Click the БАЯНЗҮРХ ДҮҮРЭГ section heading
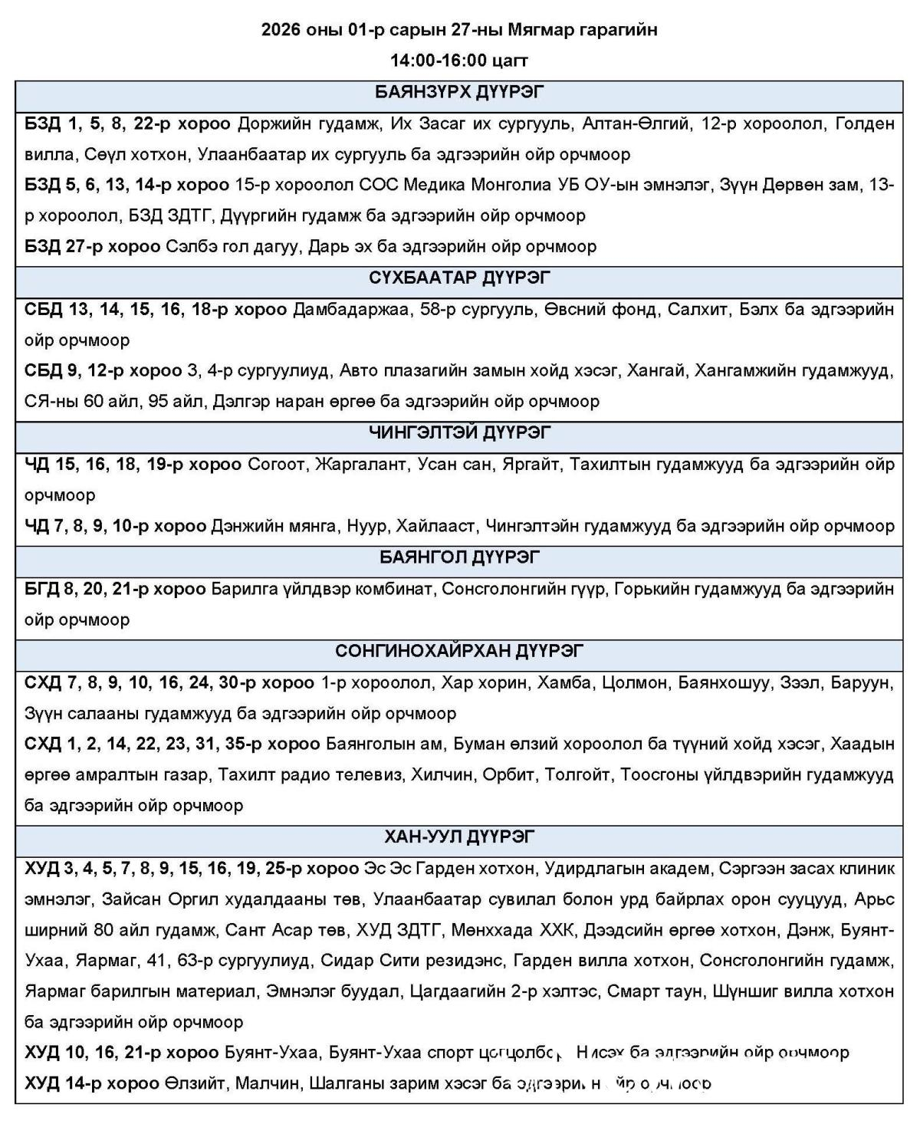pyautogui.click(x=459, y=93)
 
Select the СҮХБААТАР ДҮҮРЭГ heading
pyautogui.click(x=459, y=278)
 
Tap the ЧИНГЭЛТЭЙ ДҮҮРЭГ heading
pyautogui.click(x=459, y=432)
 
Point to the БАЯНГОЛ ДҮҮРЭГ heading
pyautogui.click(x=459, y=557)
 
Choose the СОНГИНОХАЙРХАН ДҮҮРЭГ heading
pyautogui.click(x=459, y=651)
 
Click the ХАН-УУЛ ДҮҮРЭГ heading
pyautogui.click(x=459, y=836)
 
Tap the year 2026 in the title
pyautogui.click(x=280, y=30)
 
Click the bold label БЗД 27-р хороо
pyautogui.click(x=92, y=247)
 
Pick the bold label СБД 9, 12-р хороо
pyautogui.click(x=103, y=371)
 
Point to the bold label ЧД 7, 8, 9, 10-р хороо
pyautogui.click(x=115, y=526)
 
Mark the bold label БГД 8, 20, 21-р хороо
pyautogui.click(x=115, y=589)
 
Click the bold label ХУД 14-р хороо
pyautogui.click(x=91, y=1084)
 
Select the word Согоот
pyautogui.click(x=276, y=465)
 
